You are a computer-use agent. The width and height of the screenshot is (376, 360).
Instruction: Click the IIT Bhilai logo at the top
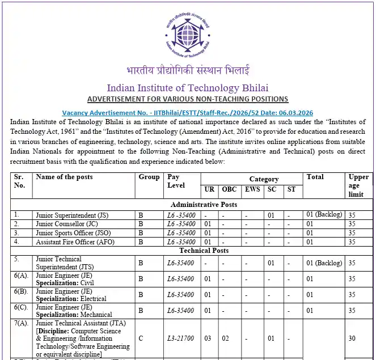(187, 31)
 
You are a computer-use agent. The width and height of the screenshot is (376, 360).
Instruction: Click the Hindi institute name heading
(187, 71)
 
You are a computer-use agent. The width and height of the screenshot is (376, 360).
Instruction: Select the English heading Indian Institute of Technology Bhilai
(187, 88)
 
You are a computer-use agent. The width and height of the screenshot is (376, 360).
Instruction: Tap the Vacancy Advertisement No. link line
(187, 113)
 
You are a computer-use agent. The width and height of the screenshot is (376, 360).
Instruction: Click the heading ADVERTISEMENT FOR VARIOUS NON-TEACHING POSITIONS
(187, 99)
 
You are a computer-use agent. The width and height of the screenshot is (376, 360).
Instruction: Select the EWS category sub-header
(253, 189)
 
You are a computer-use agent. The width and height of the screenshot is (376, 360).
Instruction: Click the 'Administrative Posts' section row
(204, 204)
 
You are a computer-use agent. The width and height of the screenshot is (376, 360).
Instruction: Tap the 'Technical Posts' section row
(204, 251)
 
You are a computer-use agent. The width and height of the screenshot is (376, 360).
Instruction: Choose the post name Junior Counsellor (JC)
(67, 224)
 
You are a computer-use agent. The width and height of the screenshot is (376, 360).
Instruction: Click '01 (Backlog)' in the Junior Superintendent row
(324, 215)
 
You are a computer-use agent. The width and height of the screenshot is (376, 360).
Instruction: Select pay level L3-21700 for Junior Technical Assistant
(181, 338)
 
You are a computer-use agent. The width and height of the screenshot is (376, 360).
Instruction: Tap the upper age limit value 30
(352, 338)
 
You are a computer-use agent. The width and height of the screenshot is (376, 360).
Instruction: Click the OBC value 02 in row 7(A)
(225, 338)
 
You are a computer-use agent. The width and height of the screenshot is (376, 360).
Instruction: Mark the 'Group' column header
(149, 177)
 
